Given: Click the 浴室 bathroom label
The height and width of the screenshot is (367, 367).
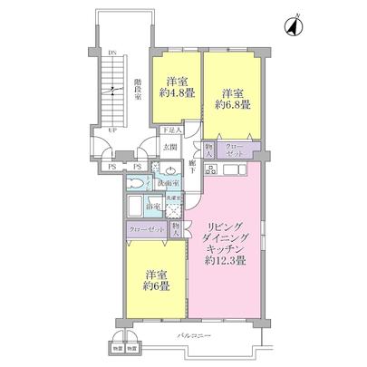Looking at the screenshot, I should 154,208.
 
